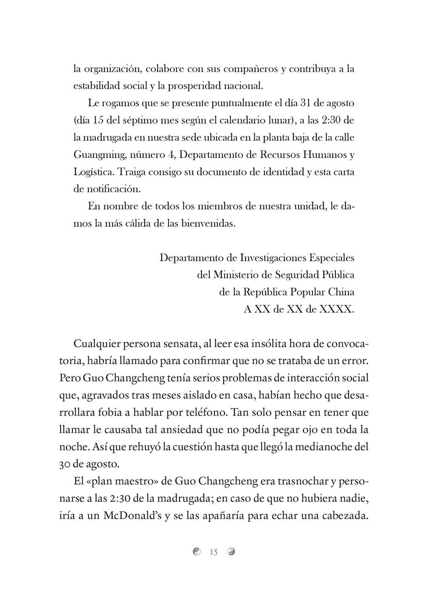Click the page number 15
[213, 552]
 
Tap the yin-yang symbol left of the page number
[196, 552]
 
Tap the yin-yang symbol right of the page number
[231, 552]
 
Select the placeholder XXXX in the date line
[336, 309]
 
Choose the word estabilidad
[97, 86]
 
